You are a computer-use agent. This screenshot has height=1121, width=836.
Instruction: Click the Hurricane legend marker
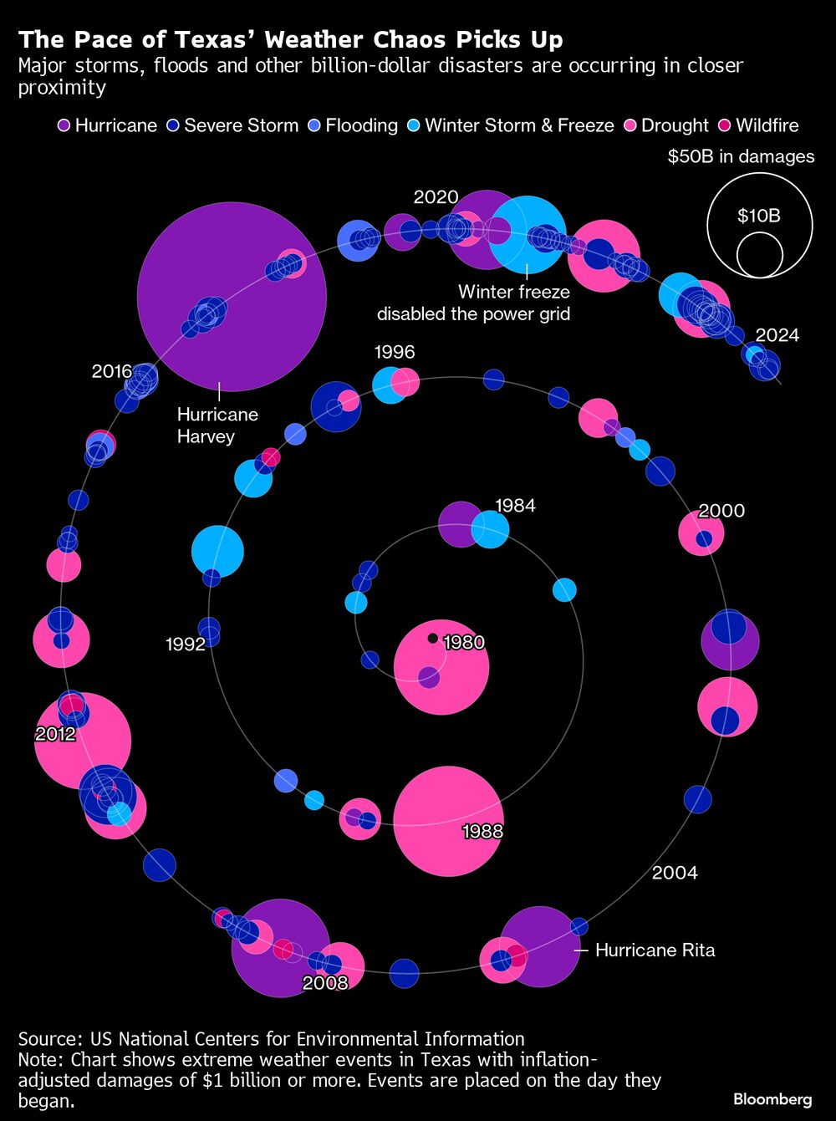click(64, 125)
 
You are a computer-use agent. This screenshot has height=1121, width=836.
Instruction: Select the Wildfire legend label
click(767, 125)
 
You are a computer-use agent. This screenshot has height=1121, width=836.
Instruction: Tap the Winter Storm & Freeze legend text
click(519, 125)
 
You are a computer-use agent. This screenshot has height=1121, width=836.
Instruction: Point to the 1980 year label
click(464, 642)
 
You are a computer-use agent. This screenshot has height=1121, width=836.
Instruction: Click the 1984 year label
click(515, 506)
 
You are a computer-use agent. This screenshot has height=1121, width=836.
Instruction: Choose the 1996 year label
click(395, 352)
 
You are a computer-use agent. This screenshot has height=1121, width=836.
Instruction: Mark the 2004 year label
click(675, 872)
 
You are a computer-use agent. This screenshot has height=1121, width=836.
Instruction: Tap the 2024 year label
click(777, 335)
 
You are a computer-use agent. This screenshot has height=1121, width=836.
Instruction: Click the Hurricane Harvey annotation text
click(217, 425)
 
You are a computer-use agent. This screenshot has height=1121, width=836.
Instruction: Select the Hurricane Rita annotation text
click(655, 950)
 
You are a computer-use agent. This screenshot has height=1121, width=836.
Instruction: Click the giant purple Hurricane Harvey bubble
click(232, 297)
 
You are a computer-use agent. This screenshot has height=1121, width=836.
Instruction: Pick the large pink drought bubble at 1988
click(448, 821)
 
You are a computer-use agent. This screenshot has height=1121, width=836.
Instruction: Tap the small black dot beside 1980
click(432, 638)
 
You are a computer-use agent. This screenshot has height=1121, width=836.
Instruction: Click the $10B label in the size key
click(759, 216)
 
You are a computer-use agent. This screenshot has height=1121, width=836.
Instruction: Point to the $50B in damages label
click(741, 156)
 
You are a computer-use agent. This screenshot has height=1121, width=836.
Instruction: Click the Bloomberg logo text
click(772, 1099)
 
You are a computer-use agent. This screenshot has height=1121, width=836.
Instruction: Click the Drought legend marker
click(630, 125)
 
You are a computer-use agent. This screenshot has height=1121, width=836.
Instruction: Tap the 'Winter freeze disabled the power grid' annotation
click(473, 303)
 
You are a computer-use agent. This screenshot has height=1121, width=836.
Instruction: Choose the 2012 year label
click(55, 734)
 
